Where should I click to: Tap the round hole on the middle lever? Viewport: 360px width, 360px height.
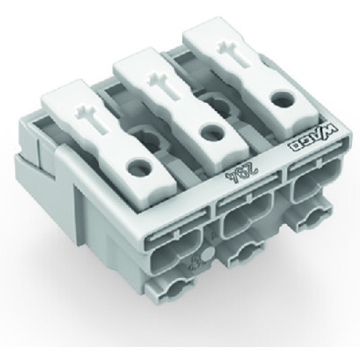210,133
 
